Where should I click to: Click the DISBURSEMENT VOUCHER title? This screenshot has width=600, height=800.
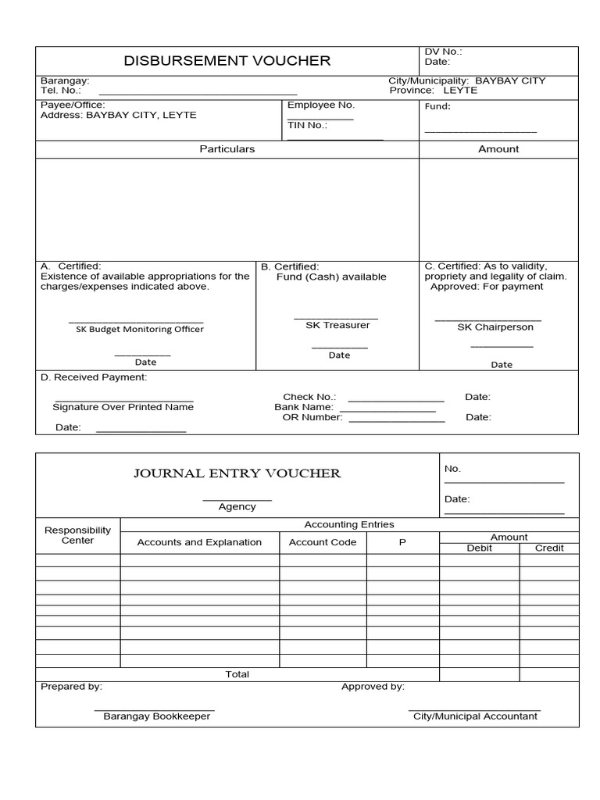(x=227, y=61)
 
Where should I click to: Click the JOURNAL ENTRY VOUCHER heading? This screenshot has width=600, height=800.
(x=237, y=473)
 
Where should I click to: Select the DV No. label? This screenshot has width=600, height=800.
(x=443, y=52)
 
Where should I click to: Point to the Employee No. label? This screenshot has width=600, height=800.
(x=320, y=105)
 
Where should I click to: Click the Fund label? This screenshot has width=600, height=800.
(x=437, y=106)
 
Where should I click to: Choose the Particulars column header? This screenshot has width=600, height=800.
(x=227, y=148)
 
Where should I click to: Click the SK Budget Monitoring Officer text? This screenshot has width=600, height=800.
(x=139, y=329)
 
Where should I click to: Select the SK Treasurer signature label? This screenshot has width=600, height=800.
(x=337, y=325)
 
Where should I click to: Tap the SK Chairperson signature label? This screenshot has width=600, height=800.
(x=490, y=327)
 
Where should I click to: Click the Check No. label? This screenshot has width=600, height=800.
(x=309, y=397)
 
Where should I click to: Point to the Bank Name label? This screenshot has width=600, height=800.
(x=304, y=407)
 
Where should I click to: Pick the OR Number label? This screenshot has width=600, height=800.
(x=312, y=417)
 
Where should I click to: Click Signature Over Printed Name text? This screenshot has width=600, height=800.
(x=123, y=407)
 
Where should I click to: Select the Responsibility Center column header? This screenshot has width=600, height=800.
(x=77, y=535)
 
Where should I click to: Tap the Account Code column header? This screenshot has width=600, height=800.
(x=323, y=542)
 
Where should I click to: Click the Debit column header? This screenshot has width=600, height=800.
(x=479, y=548)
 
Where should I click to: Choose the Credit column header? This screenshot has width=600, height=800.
(x=549, y=548)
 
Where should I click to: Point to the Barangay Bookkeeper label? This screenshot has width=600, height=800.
(x=156, y=716)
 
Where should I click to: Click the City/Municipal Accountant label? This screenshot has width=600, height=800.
(x=475, y=716)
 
